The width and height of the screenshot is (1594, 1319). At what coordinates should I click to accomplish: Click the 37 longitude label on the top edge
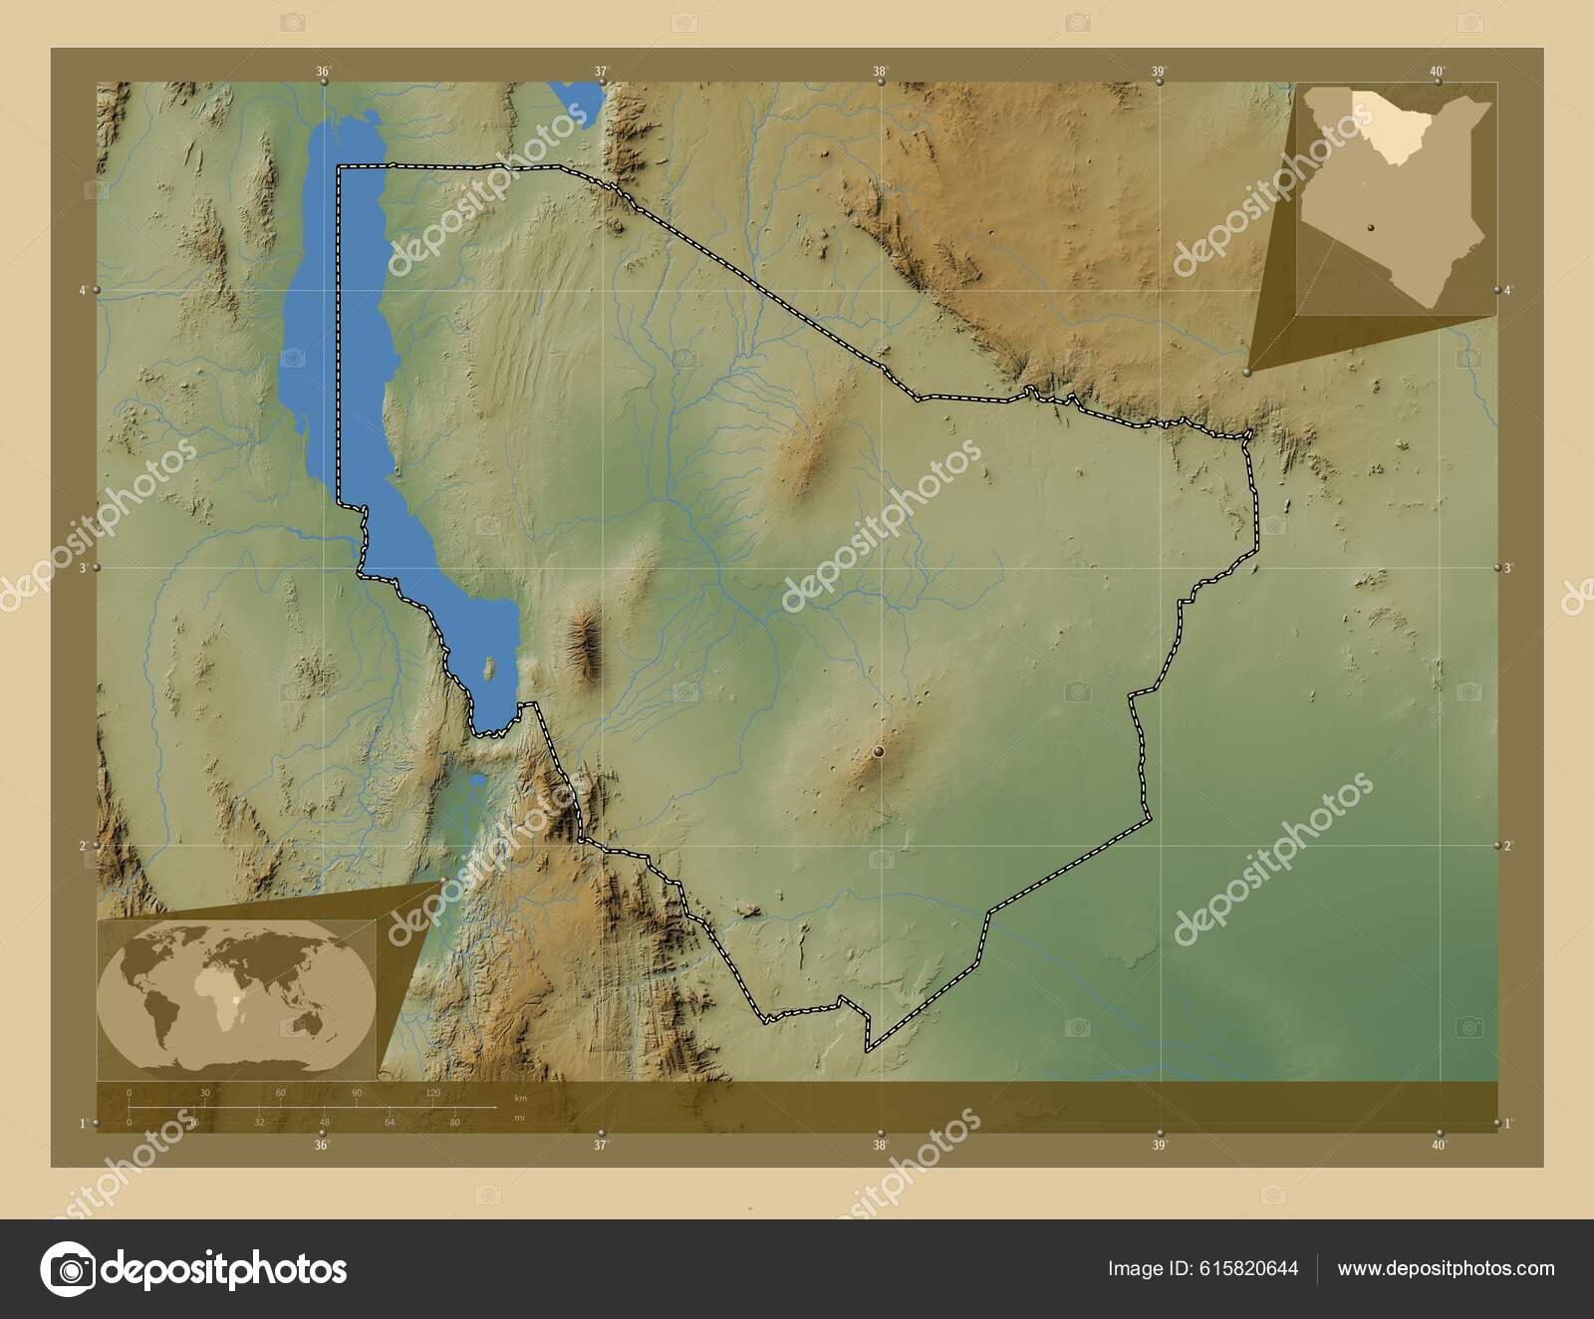click(601, 71)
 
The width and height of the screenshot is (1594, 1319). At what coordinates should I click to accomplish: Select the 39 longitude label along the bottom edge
click(1158, 1145)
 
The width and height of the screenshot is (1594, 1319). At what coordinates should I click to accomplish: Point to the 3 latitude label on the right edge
click(1507, 568)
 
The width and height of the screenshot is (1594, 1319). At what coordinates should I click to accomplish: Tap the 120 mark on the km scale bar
click(433, 1093)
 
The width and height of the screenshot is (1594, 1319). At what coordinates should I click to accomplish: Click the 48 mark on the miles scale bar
click(324, 1122)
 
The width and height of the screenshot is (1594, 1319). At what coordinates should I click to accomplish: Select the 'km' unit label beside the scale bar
click(519, 1097)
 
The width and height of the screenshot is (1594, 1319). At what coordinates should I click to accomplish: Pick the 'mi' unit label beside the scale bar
click(519, 1118)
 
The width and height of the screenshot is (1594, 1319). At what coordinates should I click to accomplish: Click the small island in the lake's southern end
click(489, 667)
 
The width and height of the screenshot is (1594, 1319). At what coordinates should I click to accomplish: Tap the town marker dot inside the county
click(879, 753)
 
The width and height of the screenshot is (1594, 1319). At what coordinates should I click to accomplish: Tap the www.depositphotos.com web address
click(1446, 1268)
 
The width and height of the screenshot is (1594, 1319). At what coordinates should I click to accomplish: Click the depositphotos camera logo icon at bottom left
click(68, 1269)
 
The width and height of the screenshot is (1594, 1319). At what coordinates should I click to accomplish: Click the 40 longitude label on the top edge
click(1437, 71)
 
